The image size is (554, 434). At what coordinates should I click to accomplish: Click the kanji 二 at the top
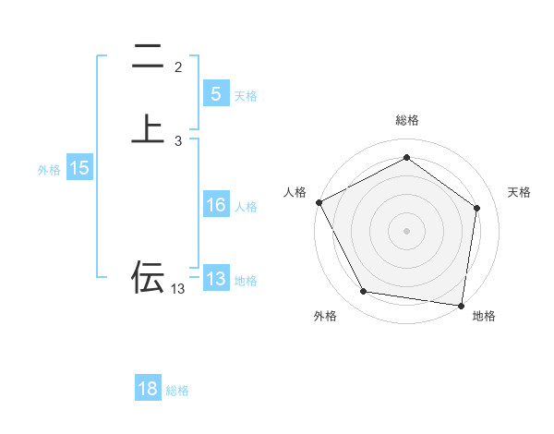click(x=148, y=57)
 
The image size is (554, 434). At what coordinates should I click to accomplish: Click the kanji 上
click(x=148, y=129)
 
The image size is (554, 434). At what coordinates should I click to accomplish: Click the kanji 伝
click(x=148, y=276)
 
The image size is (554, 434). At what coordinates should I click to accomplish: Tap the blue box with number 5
click(x=215, y=94)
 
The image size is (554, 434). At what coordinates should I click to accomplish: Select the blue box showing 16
click(x=215, y=205)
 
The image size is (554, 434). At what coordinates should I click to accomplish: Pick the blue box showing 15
click(x=78, y=168)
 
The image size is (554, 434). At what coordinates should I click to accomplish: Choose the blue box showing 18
click(x=148, y=389)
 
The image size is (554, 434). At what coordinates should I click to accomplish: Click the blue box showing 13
click(x=215, y=279)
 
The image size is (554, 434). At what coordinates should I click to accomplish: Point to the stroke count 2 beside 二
click(x=178, y=67)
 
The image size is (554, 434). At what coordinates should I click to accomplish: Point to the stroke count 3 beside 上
click(x=178, y=140)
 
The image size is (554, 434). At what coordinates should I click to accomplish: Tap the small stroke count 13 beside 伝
click(x=177, y=289)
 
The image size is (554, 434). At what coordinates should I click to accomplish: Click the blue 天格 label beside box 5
click(x=246, y=96)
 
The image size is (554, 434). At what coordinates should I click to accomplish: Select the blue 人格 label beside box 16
click(x=247, y=207)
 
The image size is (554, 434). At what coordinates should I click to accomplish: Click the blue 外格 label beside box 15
click(x=49, y=170)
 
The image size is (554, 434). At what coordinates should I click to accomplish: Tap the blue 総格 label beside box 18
click(x=177, y=391)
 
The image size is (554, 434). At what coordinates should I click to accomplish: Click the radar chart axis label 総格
click(x=407, y=120)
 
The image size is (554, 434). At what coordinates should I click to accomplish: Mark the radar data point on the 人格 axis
click(x=319, y=202)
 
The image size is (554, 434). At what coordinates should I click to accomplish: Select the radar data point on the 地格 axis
click(x=462, y=305)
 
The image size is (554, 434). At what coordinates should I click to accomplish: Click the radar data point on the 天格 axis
click(x=476, y=208)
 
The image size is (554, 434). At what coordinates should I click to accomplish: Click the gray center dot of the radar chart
click(x=407, y=230)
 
